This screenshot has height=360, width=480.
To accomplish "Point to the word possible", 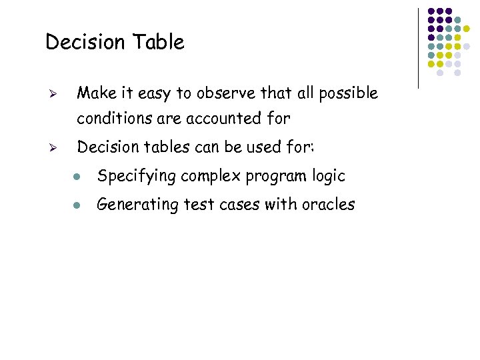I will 348,93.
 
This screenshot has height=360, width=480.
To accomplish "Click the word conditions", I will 110,119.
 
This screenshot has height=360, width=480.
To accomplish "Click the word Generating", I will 133,205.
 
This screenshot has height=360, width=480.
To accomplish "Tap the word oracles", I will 328,205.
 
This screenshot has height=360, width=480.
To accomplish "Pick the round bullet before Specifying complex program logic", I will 78,177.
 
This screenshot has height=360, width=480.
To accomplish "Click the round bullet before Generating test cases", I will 78,206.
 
